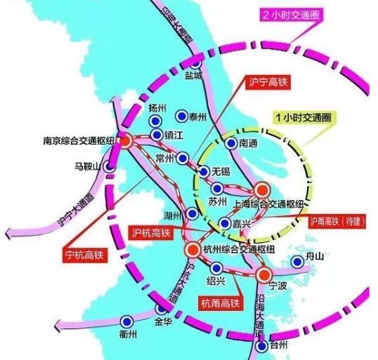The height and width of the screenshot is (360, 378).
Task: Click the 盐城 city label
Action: point(193,74)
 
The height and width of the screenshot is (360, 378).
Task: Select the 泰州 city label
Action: point(202,116)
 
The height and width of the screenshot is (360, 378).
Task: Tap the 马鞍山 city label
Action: point(87,166)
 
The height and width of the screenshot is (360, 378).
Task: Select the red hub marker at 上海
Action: point(261,189)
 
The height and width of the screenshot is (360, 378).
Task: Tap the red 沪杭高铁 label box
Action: point(155,232)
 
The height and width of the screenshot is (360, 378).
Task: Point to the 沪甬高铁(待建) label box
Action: point(339,220)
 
